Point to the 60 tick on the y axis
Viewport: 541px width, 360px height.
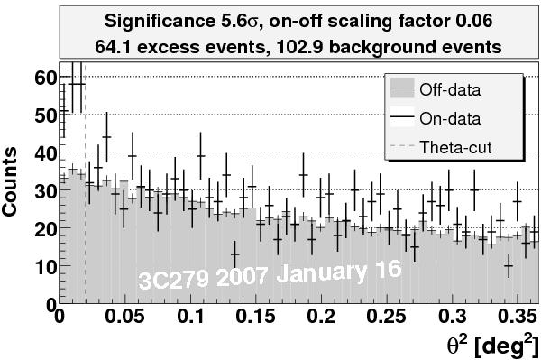point(43,78)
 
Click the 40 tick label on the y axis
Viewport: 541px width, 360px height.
point(43,153)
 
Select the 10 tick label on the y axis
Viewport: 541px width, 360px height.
point(43,267)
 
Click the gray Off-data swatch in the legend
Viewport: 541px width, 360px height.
point(402,89)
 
